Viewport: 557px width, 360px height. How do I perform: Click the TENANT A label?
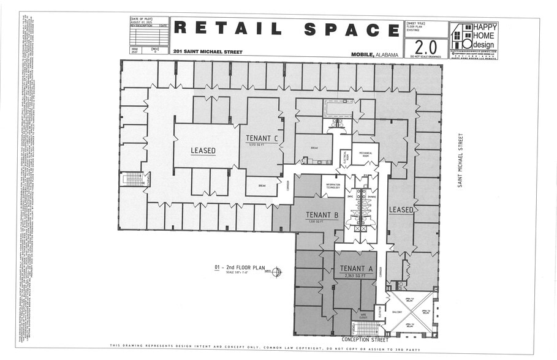356,268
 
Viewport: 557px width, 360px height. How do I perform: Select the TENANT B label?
323,215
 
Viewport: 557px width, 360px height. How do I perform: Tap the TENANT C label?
262,138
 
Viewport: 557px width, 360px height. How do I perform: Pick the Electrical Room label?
346,158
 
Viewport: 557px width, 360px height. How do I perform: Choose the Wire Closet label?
363,316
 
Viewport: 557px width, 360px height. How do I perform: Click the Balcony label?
397,312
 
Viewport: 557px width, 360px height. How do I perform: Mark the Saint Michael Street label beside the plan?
460,160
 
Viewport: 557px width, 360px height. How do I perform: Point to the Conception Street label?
365,339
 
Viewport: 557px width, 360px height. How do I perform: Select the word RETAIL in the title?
227,28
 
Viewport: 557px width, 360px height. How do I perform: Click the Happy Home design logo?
473,40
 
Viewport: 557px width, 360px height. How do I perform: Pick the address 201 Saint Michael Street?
208,52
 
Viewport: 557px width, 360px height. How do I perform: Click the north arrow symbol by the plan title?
276,271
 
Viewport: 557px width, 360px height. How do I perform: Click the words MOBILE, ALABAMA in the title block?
374,54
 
